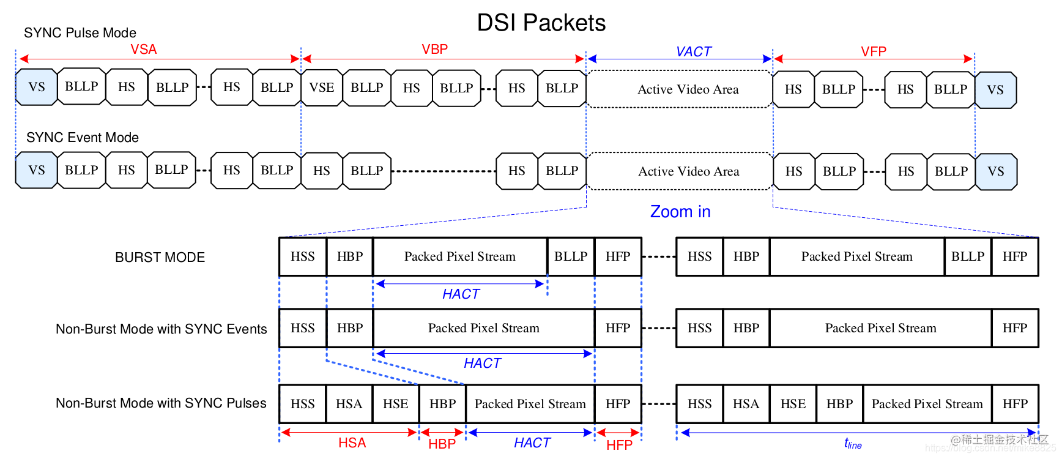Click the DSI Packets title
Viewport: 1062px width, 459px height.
(541, 23)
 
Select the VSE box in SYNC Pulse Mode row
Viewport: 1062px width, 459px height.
(322, 88)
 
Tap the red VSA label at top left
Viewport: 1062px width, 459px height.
(144, 50)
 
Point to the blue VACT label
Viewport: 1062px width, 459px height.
(693, 52)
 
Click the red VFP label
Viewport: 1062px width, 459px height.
(873, 52)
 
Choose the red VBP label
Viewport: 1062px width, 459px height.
(434, 50)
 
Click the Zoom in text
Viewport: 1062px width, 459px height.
(680, 212)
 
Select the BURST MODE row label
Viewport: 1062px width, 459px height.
(160, 258)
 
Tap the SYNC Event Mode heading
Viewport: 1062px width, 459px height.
(83, 138)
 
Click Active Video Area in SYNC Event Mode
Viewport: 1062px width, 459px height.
(688, 172)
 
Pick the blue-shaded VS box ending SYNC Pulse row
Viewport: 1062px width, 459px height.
(995, 90)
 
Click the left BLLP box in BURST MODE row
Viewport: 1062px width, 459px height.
(570, 257)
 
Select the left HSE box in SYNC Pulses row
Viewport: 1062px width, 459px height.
(395, 404)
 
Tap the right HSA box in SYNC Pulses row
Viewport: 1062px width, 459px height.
(746, 404)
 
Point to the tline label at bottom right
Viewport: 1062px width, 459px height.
(852, 444)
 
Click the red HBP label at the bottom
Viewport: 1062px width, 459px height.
(442, 444)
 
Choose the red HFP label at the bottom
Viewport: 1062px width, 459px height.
(619, 445)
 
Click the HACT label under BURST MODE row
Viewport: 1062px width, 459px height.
(461, 294)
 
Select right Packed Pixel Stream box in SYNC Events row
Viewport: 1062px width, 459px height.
(880, 329)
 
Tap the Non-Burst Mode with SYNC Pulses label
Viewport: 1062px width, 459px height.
(161, 403)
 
